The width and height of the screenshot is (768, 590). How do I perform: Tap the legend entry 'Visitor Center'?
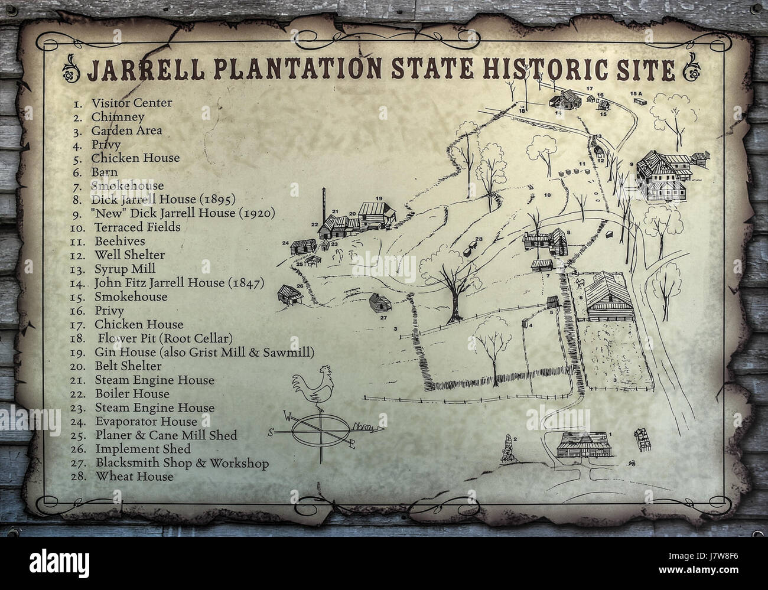tap(131, 103)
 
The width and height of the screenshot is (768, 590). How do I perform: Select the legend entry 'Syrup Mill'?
tap(125, 269)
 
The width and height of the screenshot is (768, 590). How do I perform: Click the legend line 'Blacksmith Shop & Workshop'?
tap(182, 463)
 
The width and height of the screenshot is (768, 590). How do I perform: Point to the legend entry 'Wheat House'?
tap(135, 476)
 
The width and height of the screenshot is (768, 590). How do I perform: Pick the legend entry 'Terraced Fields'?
tap(137, 227)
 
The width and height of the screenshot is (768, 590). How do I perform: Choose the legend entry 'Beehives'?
tap(119, 241)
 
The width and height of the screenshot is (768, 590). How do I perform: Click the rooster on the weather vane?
tap(317, 387)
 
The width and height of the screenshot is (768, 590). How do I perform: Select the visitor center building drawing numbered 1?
tap(582, 445)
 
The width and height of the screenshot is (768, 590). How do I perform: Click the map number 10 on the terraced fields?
tap(547, 194)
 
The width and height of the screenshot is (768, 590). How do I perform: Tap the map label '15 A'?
tap(636, 94)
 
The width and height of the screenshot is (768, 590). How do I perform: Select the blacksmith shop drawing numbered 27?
tap(377, 304)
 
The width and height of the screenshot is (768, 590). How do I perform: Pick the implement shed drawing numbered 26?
tap(289, 294)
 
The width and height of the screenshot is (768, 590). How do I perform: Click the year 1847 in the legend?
tap(245, 283)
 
